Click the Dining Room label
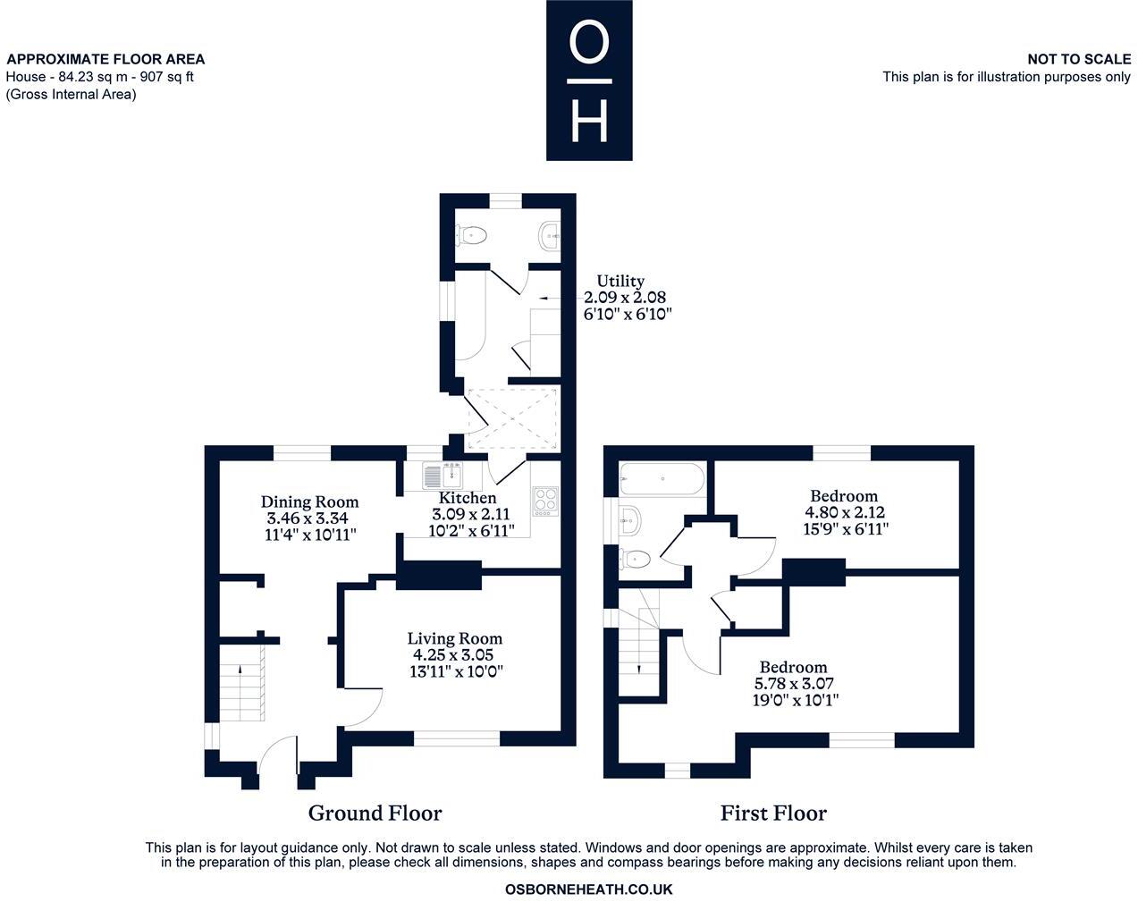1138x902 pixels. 309,502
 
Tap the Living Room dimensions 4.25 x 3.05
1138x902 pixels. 453,655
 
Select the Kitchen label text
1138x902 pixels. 468,498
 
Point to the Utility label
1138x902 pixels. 620,281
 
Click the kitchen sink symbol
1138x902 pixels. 443,475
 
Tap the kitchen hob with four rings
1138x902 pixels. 545,501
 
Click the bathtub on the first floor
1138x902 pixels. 662,479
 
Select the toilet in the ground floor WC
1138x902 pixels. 470,235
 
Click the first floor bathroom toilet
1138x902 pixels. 635,559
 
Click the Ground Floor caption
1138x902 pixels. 375,813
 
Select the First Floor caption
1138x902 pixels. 773,813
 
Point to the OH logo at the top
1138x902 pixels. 589,80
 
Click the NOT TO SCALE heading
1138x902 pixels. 1079,59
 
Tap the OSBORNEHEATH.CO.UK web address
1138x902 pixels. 588,889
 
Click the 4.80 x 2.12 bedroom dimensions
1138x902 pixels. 845,512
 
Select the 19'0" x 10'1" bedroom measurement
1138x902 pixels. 796,700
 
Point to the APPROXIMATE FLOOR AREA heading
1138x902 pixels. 105,59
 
